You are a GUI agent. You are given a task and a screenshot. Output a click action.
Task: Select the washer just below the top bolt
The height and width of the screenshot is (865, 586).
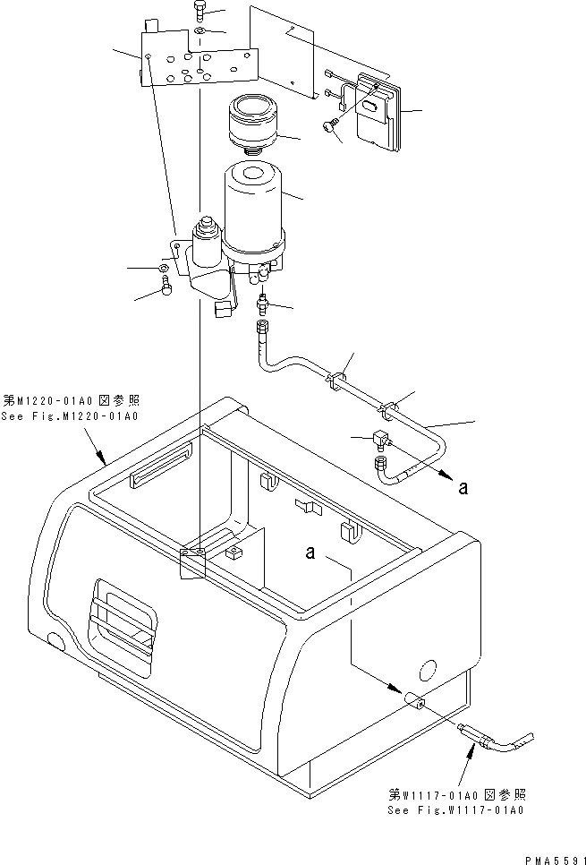click(x=199, y=34)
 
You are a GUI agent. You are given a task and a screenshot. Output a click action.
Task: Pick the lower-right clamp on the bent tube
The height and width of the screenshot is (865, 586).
click(x=389, y=410)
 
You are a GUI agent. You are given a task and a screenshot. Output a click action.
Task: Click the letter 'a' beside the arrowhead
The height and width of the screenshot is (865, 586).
click(x=462, y=487)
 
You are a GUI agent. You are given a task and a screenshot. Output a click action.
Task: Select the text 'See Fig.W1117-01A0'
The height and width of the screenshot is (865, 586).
click(x=455, y=809)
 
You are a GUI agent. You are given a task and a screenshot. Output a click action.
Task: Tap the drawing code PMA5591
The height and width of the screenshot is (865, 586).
click(x=548, y=856)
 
